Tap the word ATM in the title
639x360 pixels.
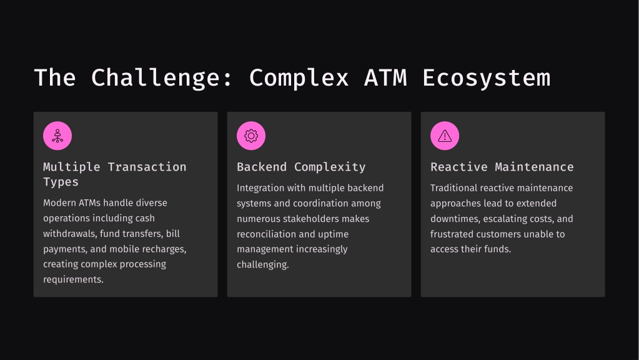tap(385, 78)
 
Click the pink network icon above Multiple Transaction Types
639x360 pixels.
tap(57, 136)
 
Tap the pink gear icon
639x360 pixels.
tap(251, 136)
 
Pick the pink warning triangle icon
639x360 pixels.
tap(445, 136)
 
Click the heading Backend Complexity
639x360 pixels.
tap(301, 167)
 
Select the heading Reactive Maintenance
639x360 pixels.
tap(502, 167)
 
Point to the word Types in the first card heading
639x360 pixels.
tap(61, 182)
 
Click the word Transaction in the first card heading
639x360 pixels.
tap(147, 167)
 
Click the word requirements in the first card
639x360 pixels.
tap(73, 279)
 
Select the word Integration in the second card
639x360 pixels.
tap(261, 188)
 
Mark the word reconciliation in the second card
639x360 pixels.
tap(266, 234)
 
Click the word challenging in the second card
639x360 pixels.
tap(263, 264)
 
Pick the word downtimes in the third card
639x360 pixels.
tap(455, 219)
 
